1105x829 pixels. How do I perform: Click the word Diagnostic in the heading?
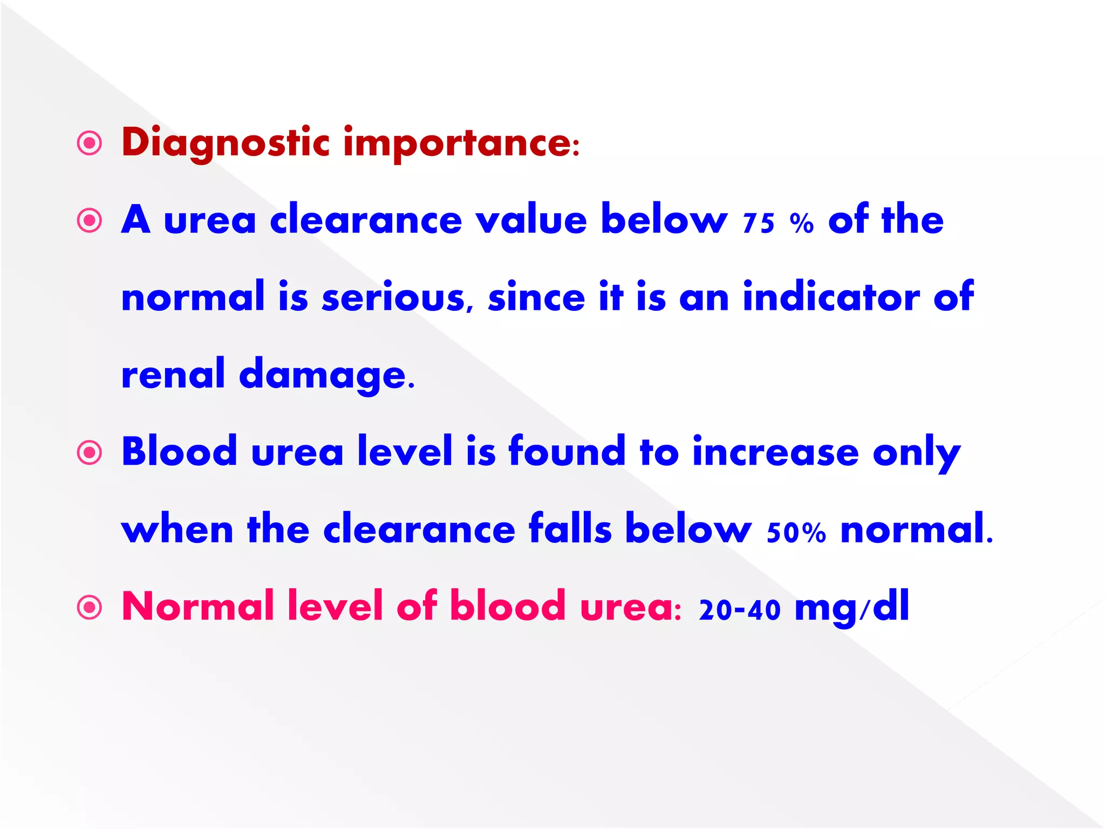[x=226, y=143]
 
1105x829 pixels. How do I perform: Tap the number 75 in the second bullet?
[x=759, y=222]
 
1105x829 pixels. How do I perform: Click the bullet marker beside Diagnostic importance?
[x=90, y=144]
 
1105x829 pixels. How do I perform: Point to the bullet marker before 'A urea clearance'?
[x=90, y=221]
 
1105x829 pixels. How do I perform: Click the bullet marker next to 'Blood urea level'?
[x=90, y=452]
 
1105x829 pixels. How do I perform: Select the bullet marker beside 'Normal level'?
[x=90, y=607]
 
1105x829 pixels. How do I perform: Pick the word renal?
[x=173, y=374]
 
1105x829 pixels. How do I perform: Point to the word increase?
[x=775, y=452]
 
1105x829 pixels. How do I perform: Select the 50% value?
[x=796, y=532]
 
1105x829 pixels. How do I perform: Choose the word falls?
[x=570, y=529]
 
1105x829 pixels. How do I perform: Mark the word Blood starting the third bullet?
[x=179, y=452]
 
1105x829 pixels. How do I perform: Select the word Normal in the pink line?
[x=198, y=607]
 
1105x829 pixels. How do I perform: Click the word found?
[x=567, y=452]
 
